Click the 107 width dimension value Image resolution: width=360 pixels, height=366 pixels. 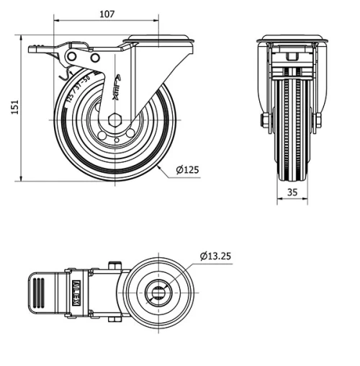click(x=107, y=13)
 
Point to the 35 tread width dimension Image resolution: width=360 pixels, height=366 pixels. click(x=292, y=192)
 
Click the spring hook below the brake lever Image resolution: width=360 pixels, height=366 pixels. click(x=64, y=72)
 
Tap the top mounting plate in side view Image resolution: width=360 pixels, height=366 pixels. click(x=158, y=39)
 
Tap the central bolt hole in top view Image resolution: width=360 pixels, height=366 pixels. click(x=158, y=292)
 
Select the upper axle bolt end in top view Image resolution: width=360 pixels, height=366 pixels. click(x=114, y=266)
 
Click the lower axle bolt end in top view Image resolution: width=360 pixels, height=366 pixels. click(x=114, y=318)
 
